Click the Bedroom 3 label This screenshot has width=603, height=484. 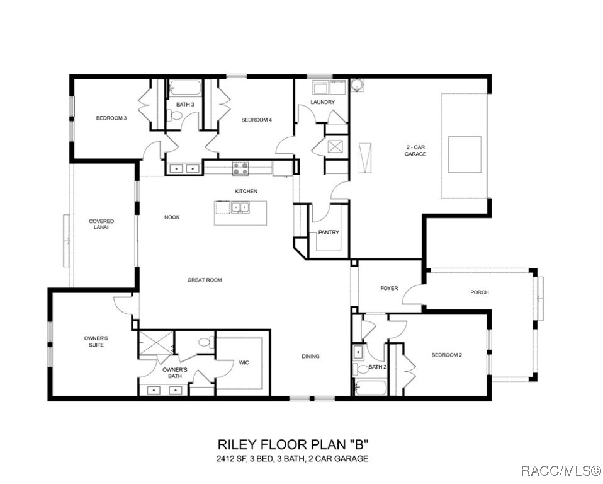click(x=111, y=118)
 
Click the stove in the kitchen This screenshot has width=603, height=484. click(x=240, y=168)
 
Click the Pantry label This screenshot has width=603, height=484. click(x=328, y=233)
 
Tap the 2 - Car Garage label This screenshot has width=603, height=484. click(x=415, y=151)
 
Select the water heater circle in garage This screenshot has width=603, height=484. click(x=357, y=85)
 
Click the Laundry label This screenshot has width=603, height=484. click(x=322, y=102)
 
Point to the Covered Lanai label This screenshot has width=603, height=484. click(x=101, y=224)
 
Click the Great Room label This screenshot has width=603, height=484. click(x=205, y=280)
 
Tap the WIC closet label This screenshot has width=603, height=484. click(x=244, y=362)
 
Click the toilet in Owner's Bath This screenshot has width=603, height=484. click(x=204, y=343)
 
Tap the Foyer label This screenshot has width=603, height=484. click(x=389, y=289)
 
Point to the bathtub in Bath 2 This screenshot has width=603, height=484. click(x=372, y=388)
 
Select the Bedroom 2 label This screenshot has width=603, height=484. click(x=446, y=355)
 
